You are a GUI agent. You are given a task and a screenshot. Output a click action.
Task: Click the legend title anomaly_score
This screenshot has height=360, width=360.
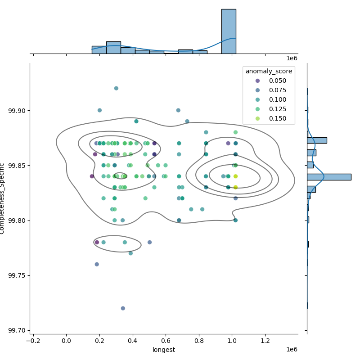coord(269,71)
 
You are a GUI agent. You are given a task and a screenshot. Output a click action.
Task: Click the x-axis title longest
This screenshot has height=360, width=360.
coord(164,350)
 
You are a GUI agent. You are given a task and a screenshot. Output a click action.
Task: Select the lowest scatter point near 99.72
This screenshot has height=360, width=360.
coord(123,308)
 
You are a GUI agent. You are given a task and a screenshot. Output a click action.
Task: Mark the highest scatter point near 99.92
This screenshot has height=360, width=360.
coord(116,88)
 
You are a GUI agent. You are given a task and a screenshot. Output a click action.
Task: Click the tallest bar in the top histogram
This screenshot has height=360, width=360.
coord(229,31)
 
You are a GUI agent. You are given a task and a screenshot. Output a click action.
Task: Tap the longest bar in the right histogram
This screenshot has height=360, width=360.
coord(329,177)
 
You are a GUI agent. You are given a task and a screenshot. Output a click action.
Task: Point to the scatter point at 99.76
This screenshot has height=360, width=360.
coord(97,264)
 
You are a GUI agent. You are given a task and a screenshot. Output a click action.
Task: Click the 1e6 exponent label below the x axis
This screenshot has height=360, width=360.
coord(292,350)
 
